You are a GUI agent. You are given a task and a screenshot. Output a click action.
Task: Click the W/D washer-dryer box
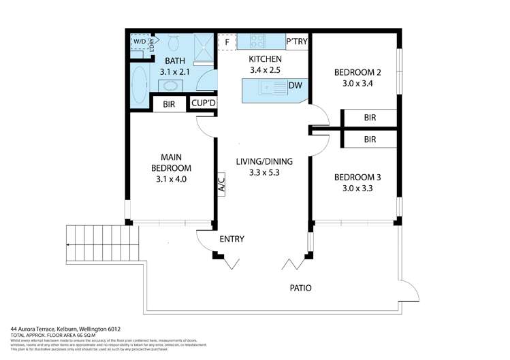click(139, 42)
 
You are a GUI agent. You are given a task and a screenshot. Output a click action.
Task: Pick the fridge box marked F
click(226, 42)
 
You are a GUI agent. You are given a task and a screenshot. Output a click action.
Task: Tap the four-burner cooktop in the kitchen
click(258, 41)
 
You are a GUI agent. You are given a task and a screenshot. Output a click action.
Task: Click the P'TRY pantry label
click(297, 42)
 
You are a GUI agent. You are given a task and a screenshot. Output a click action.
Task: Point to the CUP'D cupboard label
click(203, 103)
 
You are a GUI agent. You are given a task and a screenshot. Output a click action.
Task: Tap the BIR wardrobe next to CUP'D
click(169, 104)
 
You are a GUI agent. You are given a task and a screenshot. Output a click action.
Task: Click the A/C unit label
click(221, 184)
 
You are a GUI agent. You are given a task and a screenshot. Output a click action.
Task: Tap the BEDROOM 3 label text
click(357, 178)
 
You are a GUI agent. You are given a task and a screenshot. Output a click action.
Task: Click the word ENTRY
click(232, 239)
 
